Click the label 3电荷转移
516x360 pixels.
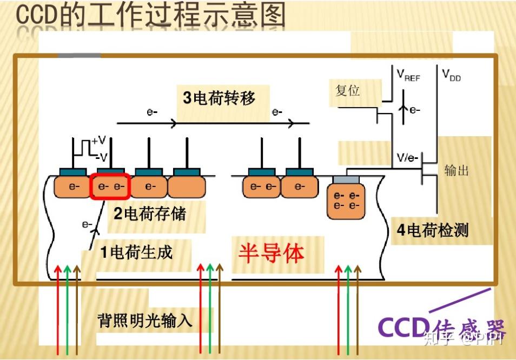219,98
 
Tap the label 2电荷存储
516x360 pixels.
149,214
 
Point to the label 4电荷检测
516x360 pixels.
433,231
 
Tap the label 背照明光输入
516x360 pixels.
145,321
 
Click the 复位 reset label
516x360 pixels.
347,90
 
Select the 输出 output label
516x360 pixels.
457,170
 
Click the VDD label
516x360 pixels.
451,75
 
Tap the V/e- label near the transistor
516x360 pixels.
407,158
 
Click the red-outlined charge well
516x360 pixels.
110,187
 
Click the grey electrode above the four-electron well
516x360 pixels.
346,179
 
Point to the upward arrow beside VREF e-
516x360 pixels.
401,110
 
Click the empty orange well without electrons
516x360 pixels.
187,187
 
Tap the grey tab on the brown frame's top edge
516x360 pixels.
79,55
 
